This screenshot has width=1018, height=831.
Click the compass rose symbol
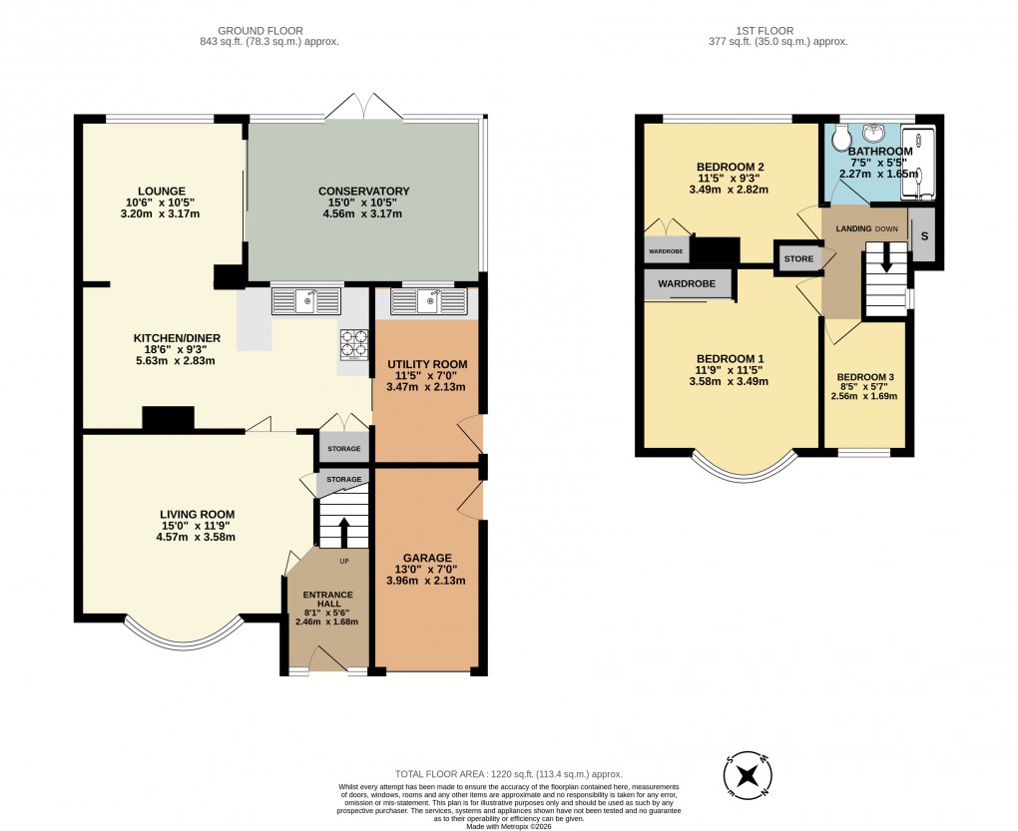pos(748,775)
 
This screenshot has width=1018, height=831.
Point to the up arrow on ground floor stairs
pos(343,531)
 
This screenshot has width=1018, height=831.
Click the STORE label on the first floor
pos(798,259)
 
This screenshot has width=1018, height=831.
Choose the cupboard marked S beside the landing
pos(923,236)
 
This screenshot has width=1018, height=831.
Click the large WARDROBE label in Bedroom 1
pos(687,284)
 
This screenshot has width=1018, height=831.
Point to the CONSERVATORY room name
pos(363,192)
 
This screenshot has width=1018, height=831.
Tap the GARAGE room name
pos(427,558)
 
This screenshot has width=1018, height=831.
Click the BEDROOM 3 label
pos(864,377)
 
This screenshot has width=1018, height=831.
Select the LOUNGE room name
pos(162,191)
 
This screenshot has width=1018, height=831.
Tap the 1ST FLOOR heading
pos(775,31)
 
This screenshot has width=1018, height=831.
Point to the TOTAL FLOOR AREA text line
pos(509,773)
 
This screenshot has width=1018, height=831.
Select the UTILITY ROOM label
pos(427,364)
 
